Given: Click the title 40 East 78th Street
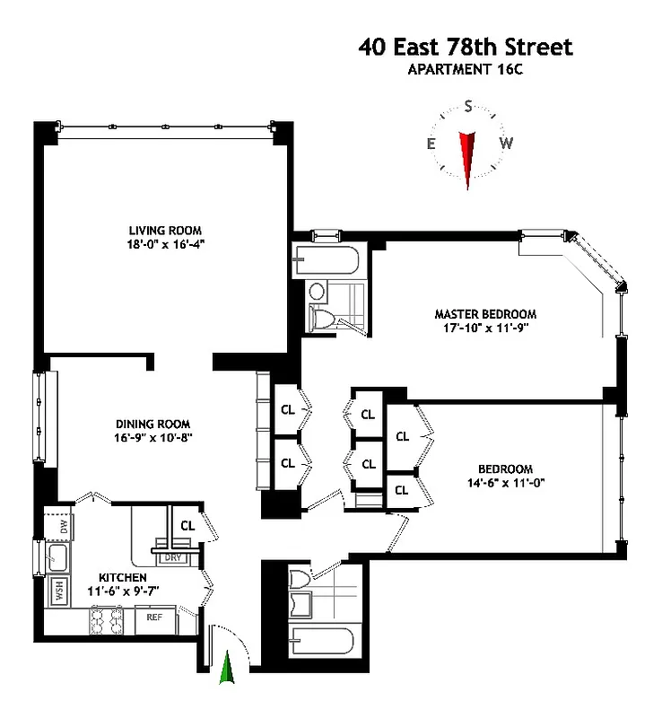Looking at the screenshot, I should coord(466,47).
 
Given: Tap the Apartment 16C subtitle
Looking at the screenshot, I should coord(466,69).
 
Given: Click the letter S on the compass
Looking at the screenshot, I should coord(467,107).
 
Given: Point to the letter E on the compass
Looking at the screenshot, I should coord(431,144).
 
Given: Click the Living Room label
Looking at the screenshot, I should coord(161,230).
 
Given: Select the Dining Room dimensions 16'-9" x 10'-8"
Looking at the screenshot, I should coord(154,438).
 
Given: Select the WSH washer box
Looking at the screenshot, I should coord(60,591).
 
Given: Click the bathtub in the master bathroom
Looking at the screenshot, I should coord(328,263).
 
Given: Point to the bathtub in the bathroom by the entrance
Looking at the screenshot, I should coord(322,644).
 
